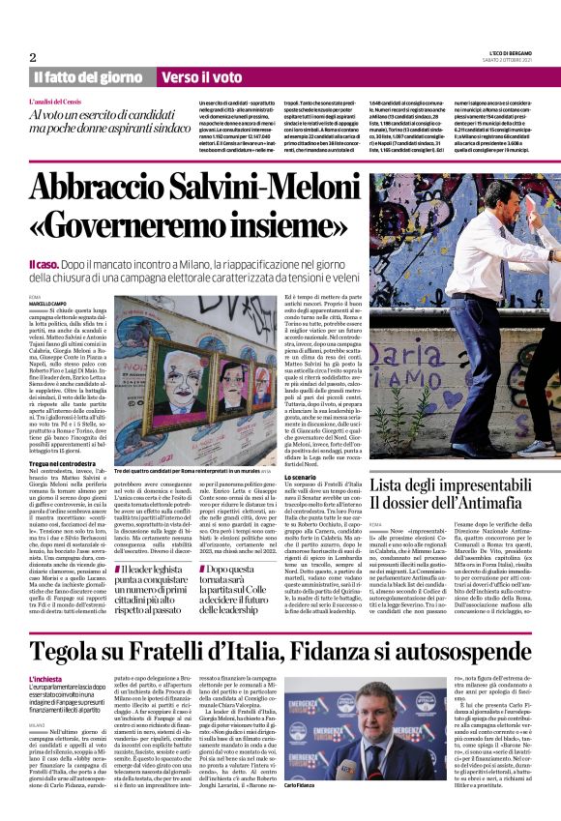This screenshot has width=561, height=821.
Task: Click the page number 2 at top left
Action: click(32, 57)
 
